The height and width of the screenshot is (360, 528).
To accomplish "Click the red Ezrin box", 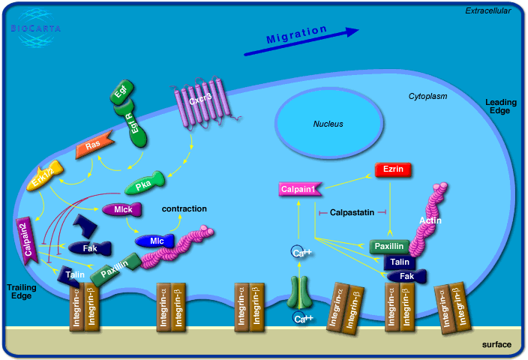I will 394,169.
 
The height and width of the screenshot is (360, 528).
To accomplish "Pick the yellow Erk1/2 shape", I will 45,178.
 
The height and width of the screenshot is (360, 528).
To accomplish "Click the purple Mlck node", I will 121,210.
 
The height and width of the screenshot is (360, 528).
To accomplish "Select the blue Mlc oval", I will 156,241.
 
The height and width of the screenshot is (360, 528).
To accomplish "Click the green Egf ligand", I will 120,94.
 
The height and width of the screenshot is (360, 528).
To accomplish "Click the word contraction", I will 184,208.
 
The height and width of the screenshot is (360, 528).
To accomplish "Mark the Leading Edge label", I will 497,106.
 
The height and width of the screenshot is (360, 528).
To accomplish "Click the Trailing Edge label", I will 21,291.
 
